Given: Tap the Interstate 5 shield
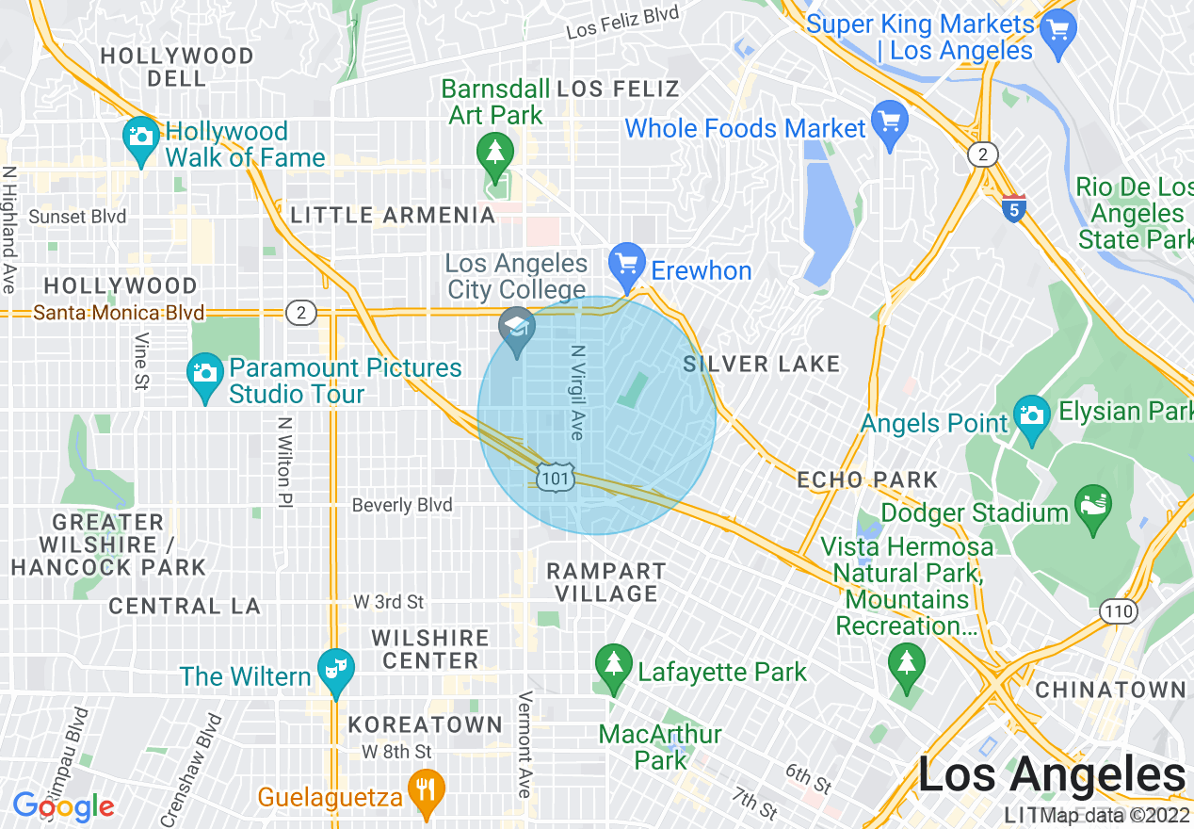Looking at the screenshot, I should click(x=1013, y=209).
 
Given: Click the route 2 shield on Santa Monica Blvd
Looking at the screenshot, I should click(x=300, y=313).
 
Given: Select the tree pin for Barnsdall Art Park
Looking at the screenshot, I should click(x=494, y=151).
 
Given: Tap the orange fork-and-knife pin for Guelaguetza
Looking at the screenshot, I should click(x=428, y=788).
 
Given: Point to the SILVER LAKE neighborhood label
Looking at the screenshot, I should click(x=761, y=365).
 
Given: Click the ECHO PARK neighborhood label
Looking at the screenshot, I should click(x=867, y=480).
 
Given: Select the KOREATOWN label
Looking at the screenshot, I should click(x=426, y=724).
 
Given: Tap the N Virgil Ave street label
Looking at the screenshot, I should click(x=578, y=392).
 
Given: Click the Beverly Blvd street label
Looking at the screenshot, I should click(x=402, y=505).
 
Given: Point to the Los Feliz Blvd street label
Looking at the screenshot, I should click(x=622, y=24).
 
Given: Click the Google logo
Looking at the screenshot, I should click(x=63, y=805).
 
